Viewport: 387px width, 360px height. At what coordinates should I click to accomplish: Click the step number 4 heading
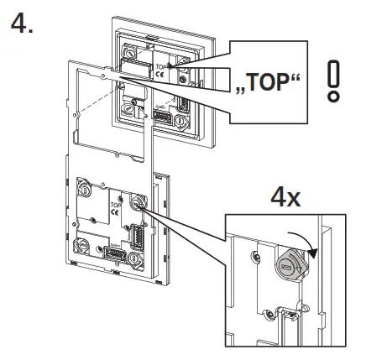tap(22, 23)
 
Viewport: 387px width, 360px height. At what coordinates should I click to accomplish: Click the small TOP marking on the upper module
tap(160, 64)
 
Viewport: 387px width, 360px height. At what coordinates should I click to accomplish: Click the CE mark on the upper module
tap(160, 73)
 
